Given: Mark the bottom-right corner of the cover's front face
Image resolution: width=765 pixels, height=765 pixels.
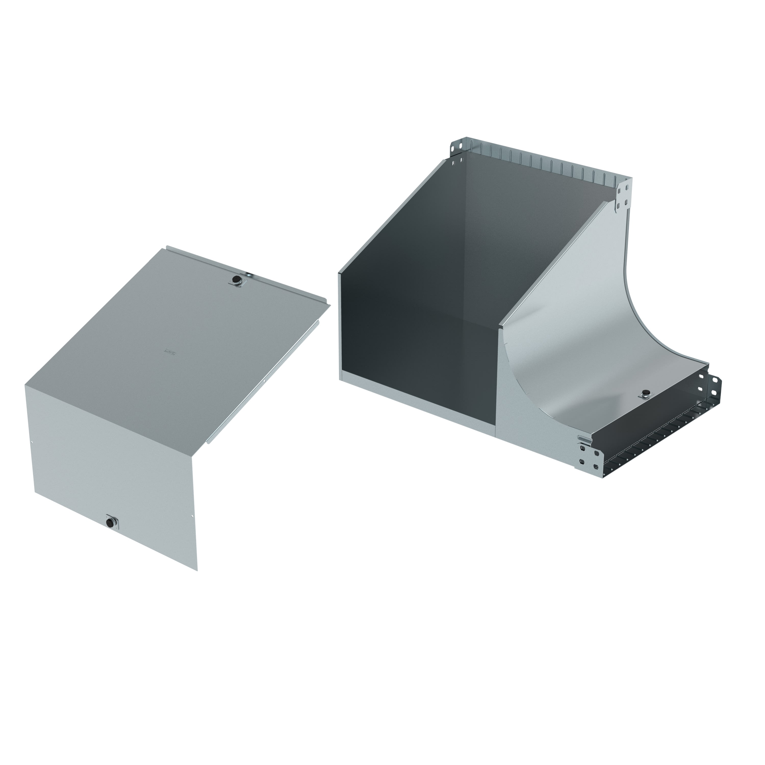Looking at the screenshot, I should click(x=197, y=570).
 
